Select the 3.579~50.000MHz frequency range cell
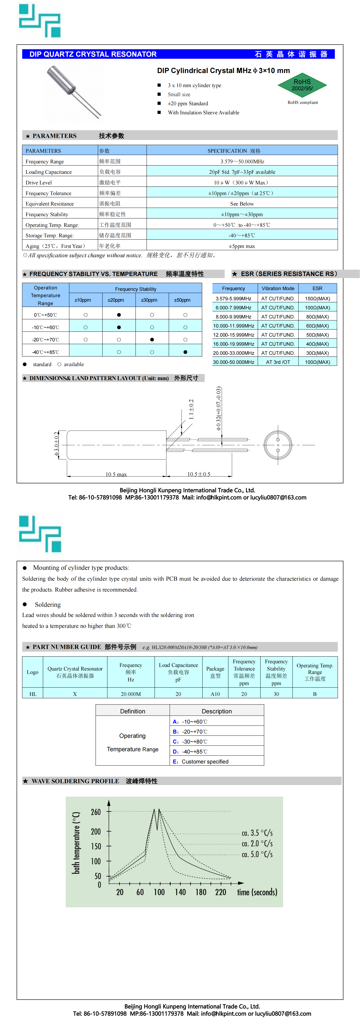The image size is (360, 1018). click(242, 161)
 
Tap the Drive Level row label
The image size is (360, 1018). click(39, 183)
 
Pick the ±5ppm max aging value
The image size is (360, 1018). click(242, 246)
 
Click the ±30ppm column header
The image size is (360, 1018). click(149, 300)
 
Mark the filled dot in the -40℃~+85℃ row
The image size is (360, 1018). click(185, 352)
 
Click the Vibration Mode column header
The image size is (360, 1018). click(278, 289)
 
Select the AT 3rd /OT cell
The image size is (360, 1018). click(278, 362)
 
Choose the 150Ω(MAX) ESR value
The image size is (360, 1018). click(317, 298)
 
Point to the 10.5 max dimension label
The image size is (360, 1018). click(116, 474)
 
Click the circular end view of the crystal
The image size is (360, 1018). click(278, 445)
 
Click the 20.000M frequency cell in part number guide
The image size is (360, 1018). click(131, 694)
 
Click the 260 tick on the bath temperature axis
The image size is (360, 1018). click(96, 812)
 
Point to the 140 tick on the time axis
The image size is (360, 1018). click(180, 892)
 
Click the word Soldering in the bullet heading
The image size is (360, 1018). click(48, 605)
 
